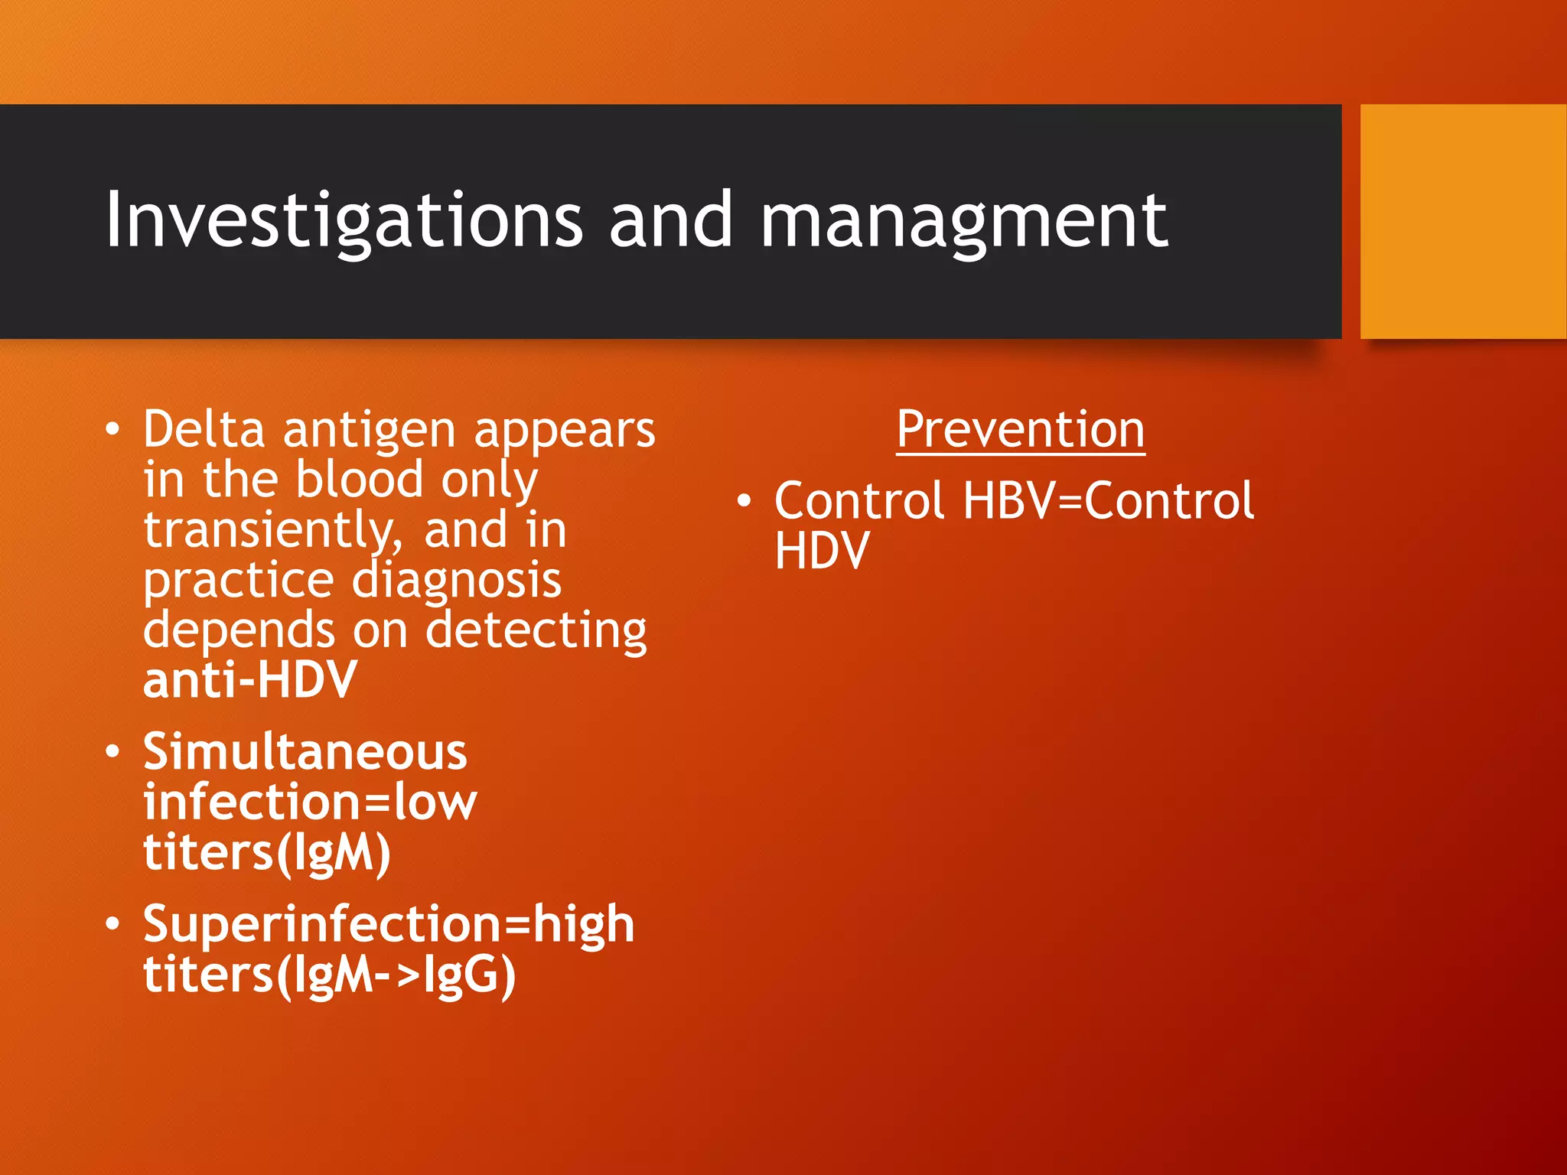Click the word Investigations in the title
[344, 222]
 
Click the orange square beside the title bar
[1463, 222]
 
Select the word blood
[359, 480]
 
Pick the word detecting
[536, 631]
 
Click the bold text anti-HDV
[249, 680]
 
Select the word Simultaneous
[305, 751]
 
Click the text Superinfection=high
[389, 924]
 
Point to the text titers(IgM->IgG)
[329, 975]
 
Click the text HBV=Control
[1108, 501]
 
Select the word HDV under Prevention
[822, 551]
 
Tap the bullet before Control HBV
[744, 502]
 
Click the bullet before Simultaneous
[112, 752]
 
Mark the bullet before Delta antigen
[112, 430]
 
